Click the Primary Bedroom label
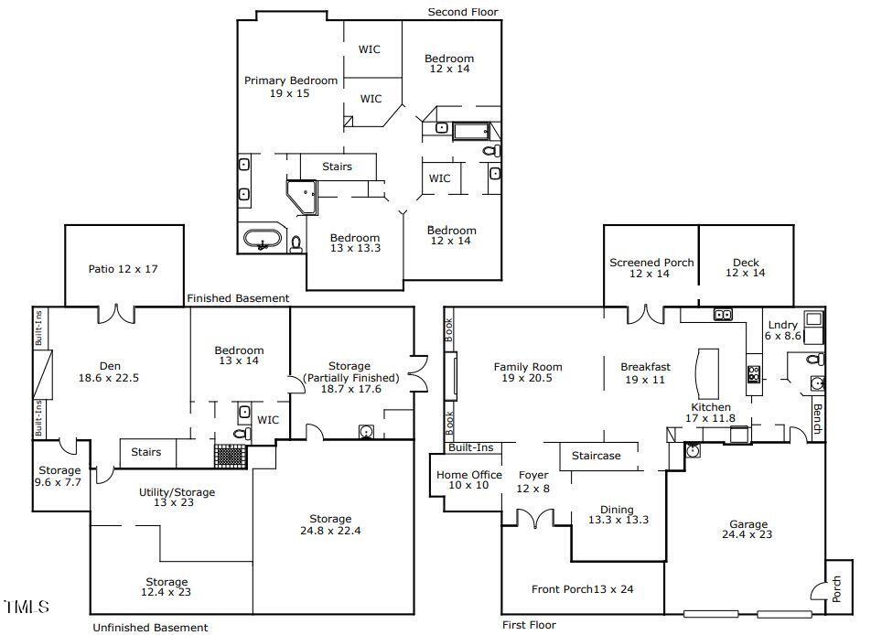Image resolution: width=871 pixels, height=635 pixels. click(291, 87)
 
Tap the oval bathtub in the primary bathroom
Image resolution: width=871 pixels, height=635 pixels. click(263, 240)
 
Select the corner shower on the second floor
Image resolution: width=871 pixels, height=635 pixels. click(302, 197)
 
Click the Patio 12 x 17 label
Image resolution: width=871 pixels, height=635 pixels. click(123, 269)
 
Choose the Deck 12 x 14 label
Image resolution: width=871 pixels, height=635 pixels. click(746, 267)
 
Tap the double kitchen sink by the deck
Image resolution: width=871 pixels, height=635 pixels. click(723, 315)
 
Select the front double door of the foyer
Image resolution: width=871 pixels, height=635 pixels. click(535, 518)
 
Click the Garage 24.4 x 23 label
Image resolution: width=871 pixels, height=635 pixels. click(747, 529)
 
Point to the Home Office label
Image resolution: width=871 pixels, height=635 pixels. click(468, 480)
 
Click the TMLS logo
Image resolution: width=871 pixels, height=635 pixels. click(27, 607)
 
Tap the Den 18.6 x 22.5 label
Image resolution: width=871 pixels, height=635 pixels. click(109, 371)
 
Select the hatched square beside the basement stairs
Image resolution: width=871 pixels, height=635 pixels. click(230, 455)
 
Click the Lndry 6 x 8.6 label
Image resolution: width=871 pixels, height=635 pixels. click(782, 330)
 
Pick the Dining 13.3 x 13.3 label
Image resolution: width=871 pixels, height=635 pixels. click(618, 514)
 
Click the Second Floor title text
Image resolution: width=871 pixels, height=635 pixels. click(463, 12)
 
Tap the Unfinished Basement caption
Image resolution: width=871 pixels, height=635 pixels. click(150, 627)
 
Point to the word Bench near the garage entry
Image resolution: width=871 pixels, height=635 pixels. click(818, 419)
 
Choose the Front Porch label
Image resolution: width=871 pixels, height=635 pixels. click(582, 589)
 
